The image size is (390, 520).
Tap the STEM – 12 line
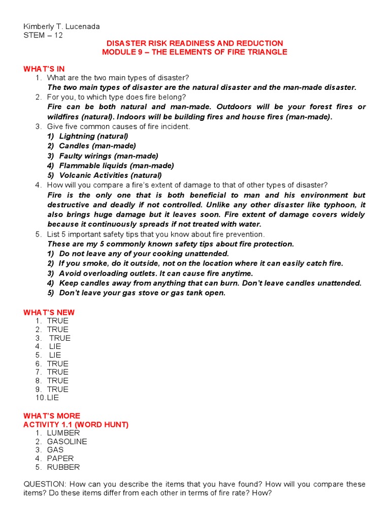43,35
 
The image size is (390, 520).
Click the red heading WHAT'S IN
44,69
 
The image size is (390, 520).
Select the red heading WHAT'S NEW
49,312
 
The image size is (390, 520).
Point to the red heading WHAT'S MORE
52,416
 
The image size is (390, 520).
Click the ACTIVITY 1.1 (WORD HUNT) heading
76,425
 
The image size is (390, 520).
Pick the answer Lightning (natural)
93,136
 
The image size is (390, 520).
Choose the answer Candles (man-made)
97,146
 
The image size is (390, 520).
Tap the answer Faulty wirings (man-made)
109,156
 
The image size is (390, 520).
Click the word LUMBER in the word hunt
63,433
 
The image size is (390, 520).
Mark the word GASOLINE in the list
67,442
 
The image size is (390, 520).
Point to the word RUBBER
63,467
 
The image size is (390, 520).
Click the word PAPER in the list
60,459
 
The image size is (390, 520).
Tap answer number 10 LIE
53,398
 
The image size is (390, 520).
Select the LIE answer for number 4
55,346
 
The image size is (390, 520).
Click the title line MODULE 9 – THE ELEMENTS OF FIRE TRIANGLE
194,52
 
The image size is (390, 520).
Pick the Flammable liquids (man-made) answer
116,166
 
